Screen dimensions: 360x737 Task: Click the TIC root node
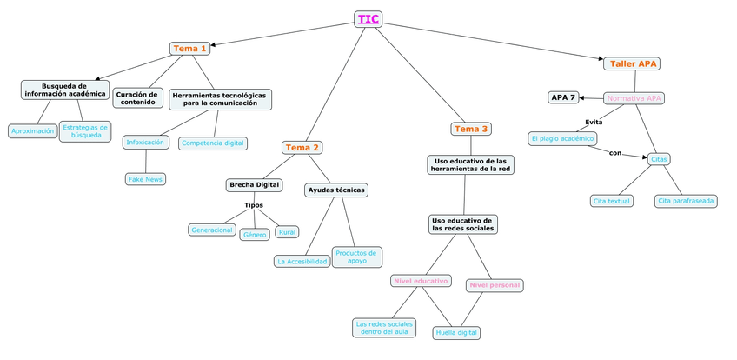(368, 19)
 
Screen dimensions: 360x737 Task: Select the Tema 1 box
(189, 49)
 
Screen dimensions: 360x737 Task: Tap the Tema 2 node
(302, 148)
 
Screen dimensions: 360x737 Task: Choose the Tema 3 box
(472, 129)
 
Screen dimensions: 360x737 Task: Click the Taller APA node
(634, 63)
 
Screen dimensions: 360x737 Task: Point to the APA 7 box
(563, 97)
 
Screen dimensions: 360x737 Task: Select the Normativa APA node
(634, 98)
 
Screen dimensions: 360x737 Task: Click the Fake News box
(145, 179)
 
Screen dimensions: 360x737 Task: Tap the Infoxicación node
(145, 142)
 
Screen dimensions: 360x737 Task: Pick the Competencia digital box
(213, 143)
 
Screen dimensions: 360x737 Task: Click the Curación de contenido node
(137, 98)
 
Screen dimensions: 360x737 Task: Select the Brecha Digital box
(255, 185)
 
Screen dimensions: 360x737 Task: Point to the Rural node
(287, 232)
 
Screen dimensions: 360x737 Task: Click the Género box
(255, 235)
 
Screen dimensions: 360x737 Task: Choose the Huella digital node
(456, 332)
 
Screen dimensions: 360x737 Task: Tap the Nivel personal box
(495, 285)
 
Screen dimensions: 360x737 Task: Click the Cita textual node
(612, 201)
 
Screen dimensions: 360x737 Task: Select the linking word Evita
(594, 122)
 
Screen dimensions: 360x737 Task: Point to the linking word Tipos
(254, 205)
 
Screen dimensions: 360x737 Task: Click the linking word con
(615, 153)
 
